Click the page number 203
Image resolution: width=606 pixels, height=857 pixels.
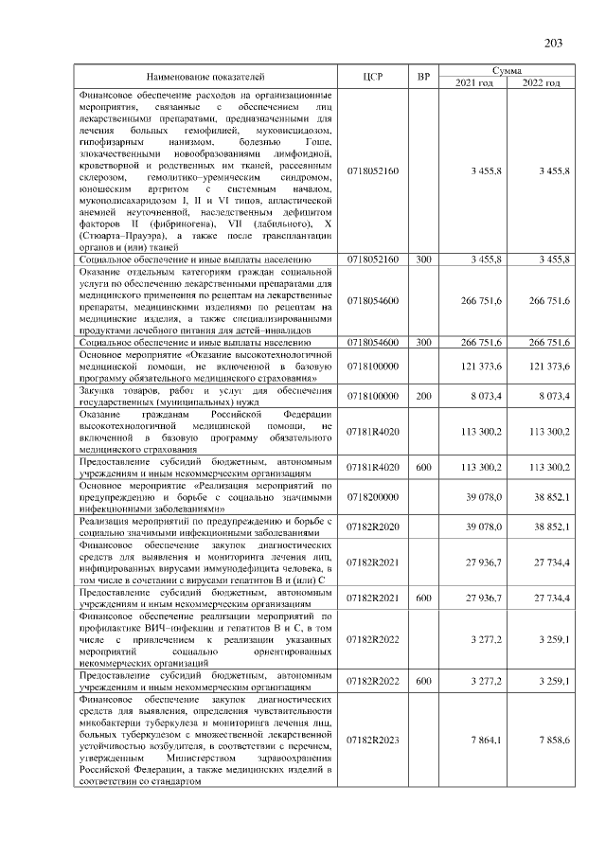coord(554,43)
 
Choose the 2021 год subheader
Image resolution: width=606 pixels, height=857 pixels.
coord(474,83)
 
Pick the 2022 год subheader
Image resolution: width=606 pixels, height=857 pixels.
coord(541,83)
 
